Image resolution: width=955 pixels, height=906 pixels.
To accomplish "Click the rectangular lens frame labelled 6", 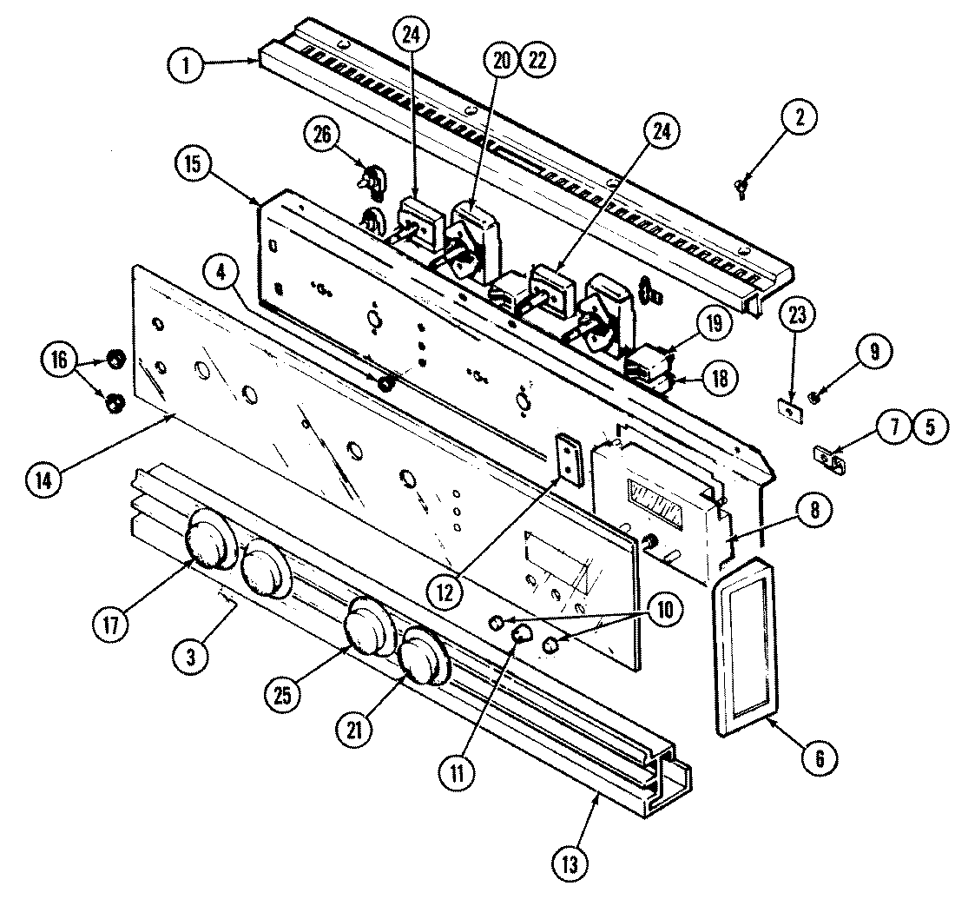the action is coord(744,644).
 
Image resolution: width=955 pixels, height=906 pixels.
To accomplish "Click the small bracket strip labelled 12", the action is coord(569,456).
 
